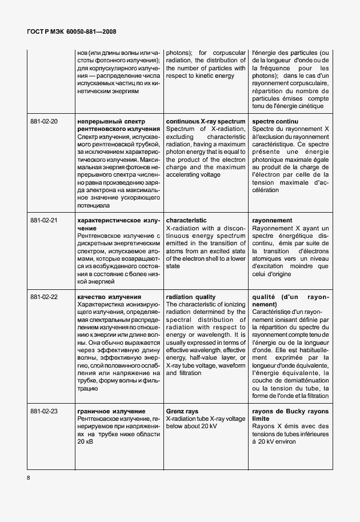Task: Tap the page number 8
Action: pyautogui.click(x=28, y=476)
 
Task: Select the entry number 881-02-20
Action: pyautogui.click(x=44, y=122)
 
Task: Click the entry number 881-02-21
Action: pyautogui.click(x=44, y=220)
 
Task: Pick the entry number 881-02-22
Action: pyautogui.click(x=44, y=297)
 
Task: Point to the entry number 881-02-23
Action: pyautogui.click(x=44, y=411)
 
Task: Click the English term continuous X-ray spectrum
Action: pyautogui.click(x=205, y=122)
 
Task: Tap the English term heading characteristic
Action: pyautogui.click(x=186, y=220)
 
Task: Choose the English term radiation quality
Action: pyautogui.click(x=190, y=297)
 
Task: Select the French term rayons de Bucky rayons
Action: pyautogui.click(x=290, y=411)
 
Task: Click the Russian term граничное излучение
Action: pyautogui.click(x=111, y=411)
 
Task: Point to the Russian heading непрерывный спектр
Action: pyautogui.click(x=111, y=122)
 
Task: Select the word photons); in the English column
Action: pyautogui.click(x=179, y=53)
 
